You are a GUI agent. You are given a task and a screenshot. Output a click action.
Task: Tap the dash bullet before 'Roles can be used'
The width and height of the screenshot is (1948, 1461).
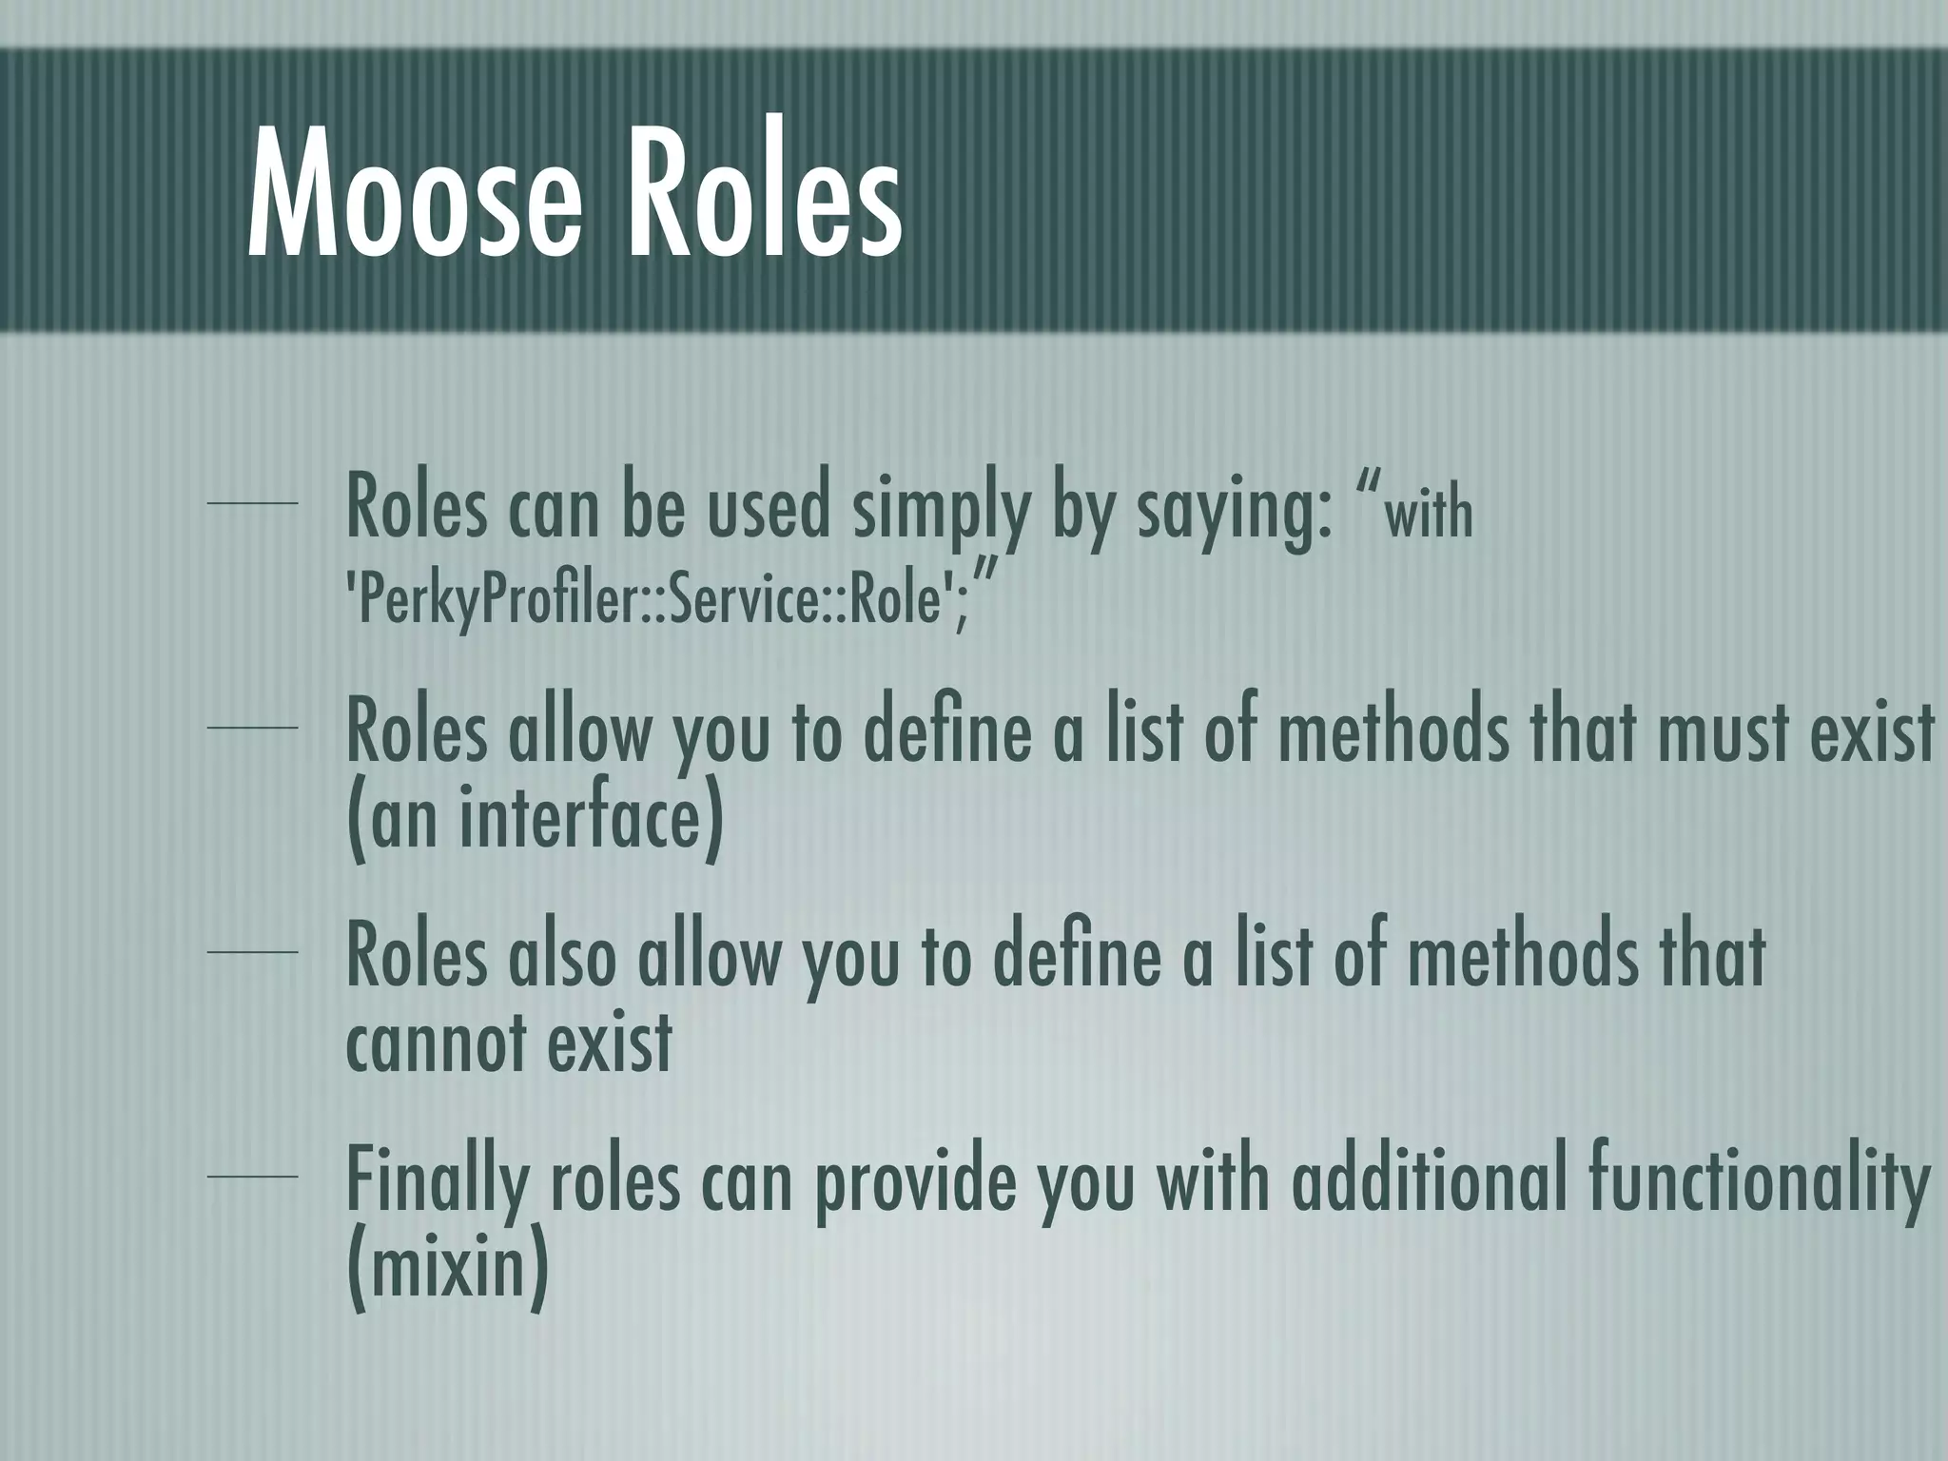click(252, 503)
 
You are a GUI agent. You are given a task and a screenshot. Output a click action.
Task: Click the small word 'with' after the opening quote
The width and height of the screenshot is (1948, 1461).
click(1428, 514)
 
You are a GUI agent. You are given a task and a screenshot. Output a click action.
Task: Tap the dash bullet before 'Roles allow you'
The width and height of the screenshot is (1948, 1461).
click(252, 728)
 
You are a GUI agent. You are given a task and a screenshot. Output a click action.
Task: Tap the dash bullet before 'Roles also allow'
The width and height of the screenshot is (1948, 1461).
click(252, 951)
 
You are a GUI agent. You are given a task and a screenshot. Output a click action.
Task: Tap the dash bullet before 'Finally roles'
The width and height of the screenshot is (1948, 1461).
click(252, 1177)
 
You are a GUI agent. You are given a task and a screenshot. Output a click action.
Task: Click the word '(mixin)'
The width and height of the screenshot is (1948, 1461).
click(447, 1270)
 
